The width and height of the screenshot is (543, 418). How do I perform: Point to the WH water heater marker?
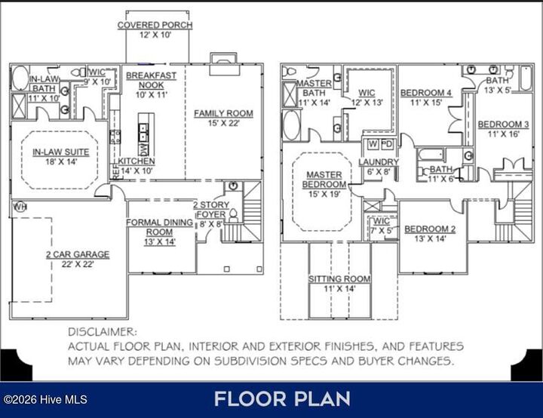(x=20, y=206)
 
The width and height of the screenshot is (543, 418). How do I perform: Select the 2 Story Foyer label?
(x=210, y=210)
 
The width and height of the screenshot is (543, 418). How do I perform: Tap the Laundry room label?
(x=374, y=162)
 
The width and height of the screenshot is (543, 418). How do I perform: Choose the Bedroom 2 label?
(x=430, y=229)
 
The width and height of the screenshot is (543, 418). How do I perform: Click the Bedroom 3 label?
(x=503, y=124)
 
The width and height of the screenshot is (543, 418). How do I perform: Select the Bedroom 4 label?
(x=426, y=94)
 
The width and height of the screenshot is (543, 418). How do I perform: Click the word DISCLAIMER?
(x=103, y=331)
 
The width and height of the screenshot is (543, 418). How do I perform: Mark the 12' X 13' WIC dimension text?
(x=367, y=102)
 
